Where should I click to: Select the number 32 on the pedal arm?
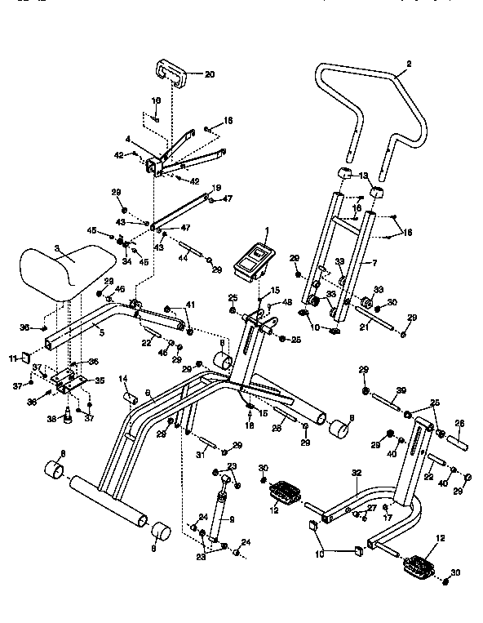click(x=356, y=472)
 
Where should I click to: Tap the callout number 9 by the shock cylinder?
click(x=233, y=519)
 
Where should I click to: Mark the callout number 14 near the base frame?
click(x=124, y=378)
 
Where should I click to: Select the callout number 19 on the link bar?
click(x=216, y=188)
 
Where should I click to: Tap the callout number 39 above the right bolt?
click(x=401, y=391)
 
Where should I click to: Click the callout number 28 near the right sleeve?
click(x=459, y=423)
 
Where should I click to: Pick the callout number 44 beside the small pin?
click(x=184, y=256)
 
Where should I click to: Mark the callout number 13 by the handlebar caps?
click(x=364, y=176)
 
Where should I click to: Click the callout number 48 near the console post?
click(x=287, y=303)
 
